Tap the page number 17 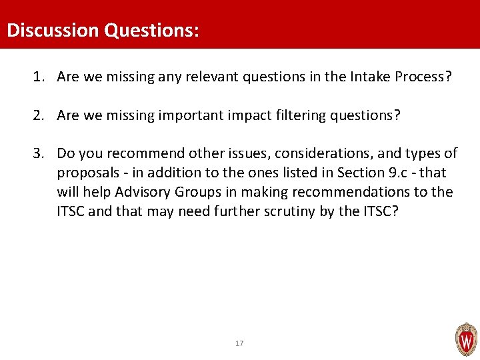click(x=239, y=343)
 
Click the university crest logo click(x=465, y=340)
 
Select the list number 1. click(x=37, y=77)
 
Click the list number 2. click(x=37, y=115)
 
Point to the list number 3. click(x=37, y=153)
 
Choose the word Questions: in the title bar click(x=151, y=31)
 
